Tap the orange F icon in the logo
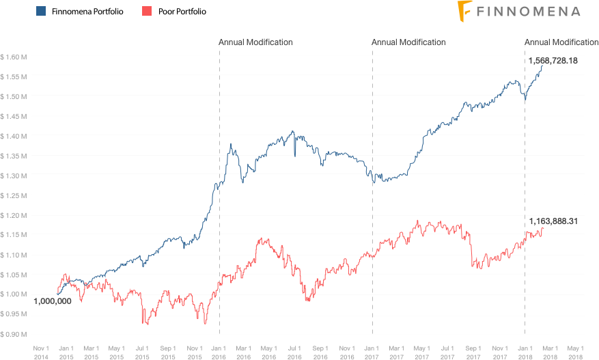pyautogui.click(x=465, y=10)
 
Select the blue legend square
pyautogui.click(x=41, y=12)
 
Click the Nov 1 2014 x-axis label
pyautogui.click(x=41, y=351)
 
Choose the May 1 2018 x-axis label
pyautogui.click(x=576, y=351)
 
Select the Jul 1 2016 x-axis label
pyautogui.click(x=294, y=351)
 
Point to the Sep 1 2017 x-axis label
pyautogui.click(x=473, y=351)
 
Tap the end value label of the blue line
pyautogui.click(x=553, y=61)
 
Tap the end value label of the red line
pyautogui.click(x=553, y=221)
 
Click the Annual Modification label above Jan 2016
pyautogui.click(x=255, y=42)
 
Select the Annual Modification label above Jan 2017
pyautogui.click(x=408, y=42)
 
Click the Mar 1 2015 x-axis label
pyautogui.click(x=91, y=351)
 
